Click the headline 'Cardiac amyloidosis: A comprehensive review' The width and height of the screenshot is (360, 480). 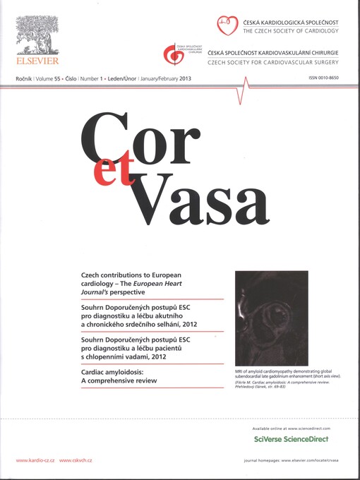point(120,378)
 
